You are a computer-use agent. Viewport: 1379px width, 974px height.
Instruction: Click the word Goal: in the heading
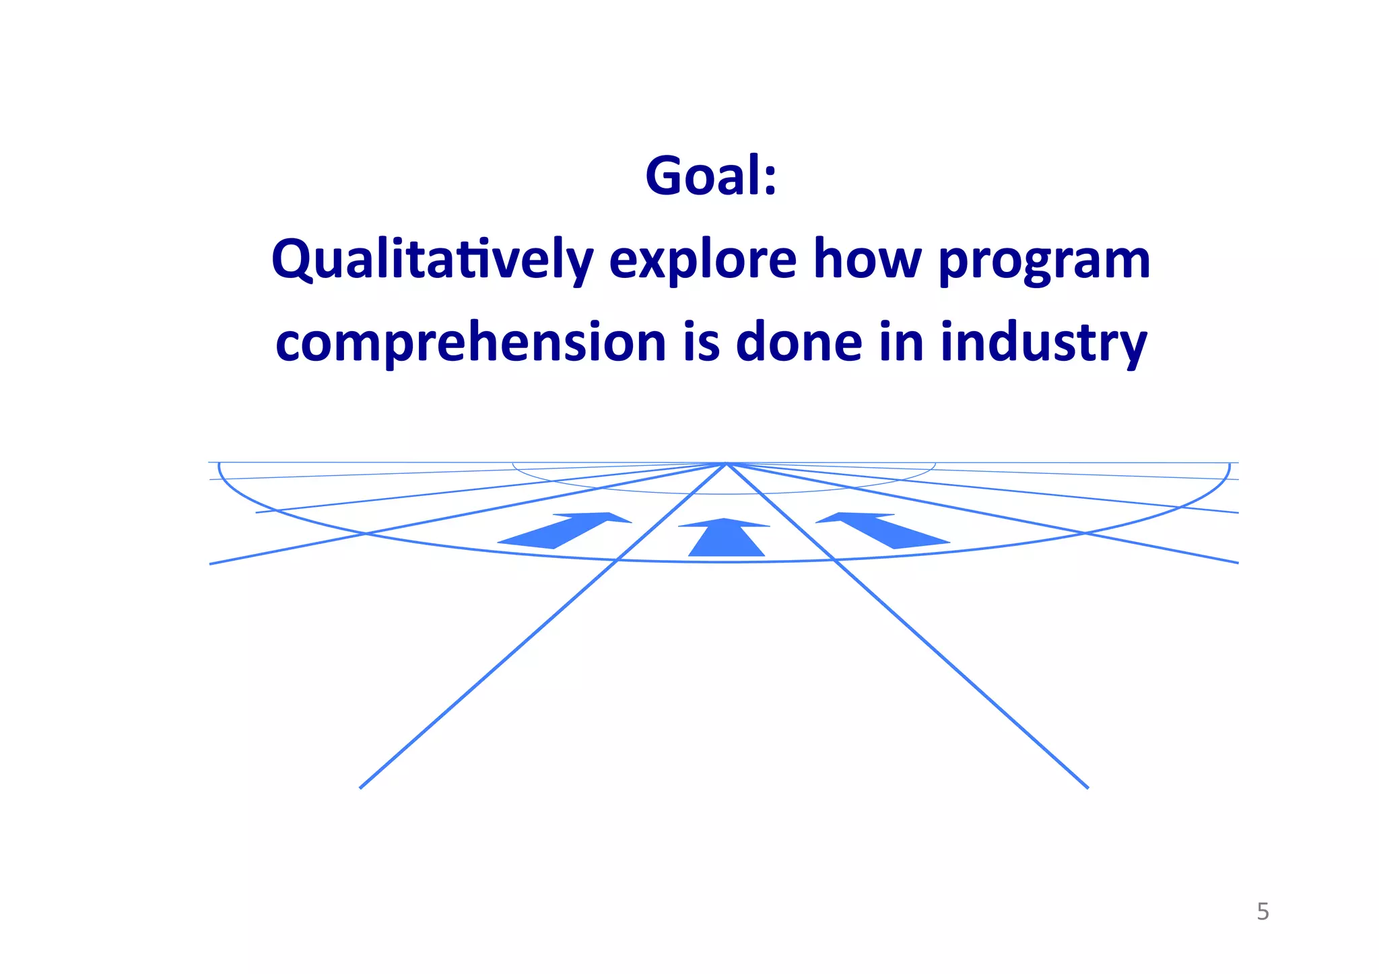coord(711,176)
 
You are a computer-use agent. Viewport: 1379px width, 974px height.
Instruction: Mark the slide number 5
coord(1263,912)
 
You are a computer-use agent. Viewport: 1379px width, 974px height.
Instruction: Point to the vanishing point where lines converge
coord(727,463)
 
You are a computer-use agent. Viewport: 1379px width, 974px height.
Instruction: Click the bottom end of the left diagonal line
coord(362,786)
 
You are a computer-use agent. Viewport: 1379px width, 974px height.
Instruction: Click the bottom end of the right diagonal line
coord(1086,786)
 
